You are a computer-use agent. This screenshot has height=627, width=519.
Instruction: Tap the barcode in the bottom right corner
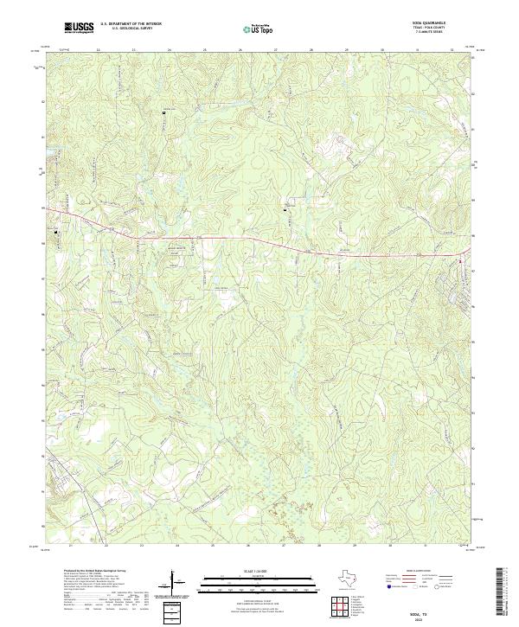[x=506, y=592]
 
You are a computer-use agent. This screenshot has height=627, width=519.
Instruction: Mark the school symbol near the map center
[x=285, y=208]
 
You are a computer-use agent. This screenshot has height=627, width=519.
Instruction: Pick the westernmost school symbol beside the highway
[x=58, y=232]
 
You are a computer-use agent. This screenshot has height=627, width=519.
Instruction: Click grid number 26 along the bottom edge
[x=248, y=547]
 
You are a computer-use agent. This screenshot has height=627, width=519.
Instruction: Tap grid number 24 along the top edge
[x=170, y=50]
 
